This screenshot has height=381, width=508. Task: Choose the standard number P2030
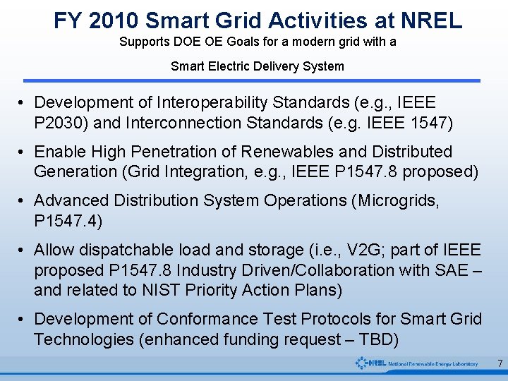[x=61, y=123]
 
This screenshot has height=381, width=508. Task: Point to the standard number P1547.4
[x=68, y=221]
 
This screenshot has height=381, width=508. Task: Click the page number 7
[x=500, y=363]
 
